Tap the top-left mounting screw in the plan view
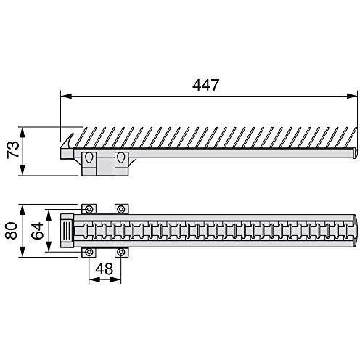(x=89, y=209)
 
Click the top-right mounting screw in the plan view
(x=121, y=209)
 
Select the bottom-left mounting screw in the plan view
(x=89, y=252)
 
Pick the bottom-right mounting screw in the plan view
(x=121, y=252)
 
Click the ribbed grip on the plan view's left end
(x=66, y=231)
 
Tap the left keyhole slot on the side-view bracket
(x=89, y=158)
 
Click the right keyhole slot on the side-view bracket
(x=121, y=158)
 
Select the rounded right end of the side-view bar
(x=352, y=152)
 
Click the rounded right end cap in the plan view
(x=353, y=231)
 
